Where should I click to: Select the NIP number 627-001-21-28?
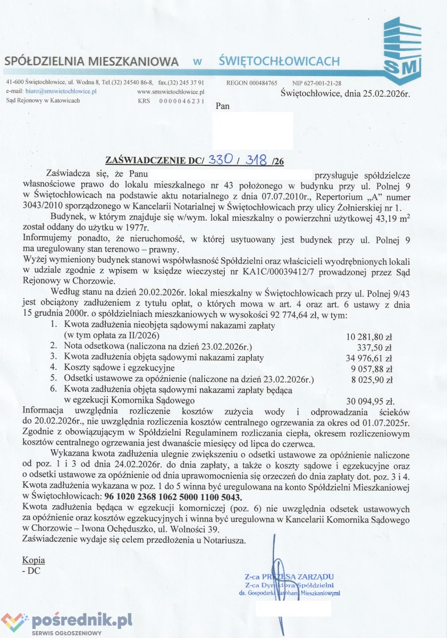point(317,83)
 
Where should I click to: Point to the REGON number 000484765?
point(260,83)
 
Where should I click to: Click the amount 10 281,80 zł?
point(369,337)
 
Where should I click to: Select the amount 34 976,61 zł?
point(369,358)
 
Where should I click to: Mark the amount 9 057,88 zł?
point(372,369)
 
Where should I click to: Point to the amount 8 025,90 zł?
point(372,380)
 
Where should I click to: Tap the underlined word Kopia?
point(33,560)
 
